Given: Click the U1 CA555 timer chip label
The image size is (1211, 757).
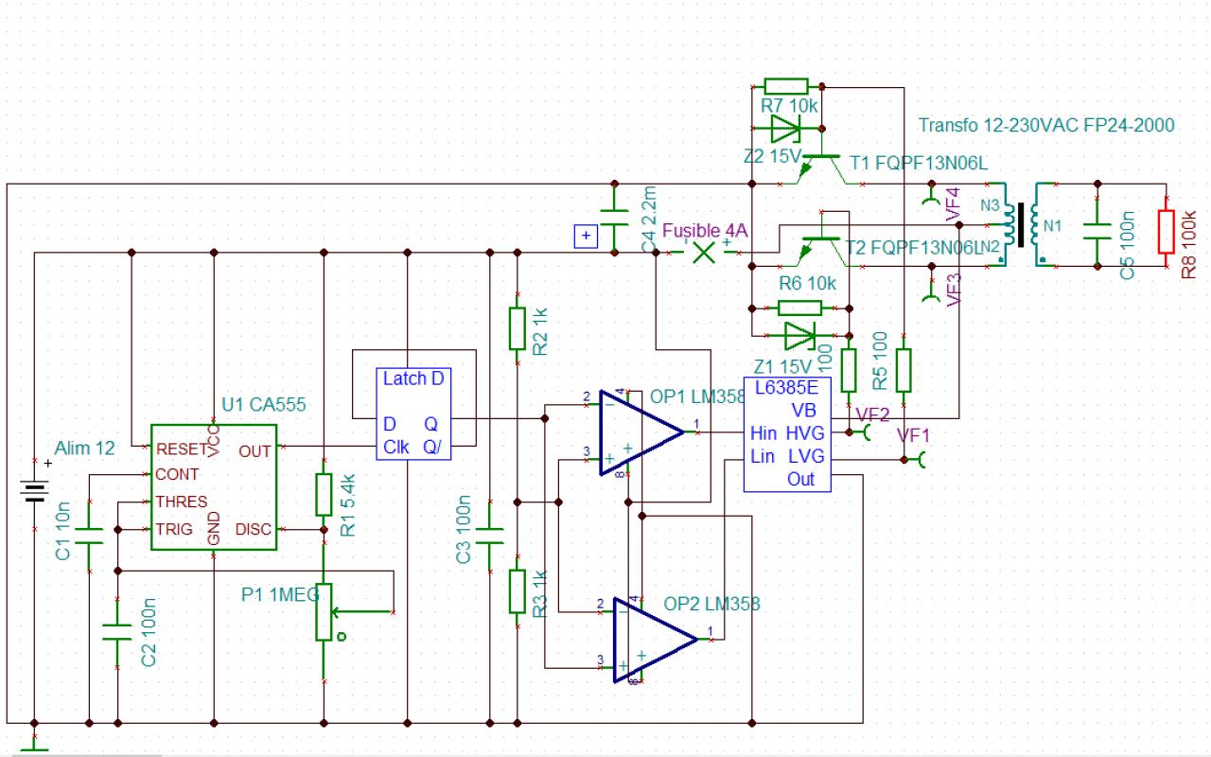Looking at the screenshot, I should pos(264,405).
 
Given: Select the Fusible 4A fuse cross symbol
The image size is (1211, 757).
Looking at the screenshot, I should pos(702,253).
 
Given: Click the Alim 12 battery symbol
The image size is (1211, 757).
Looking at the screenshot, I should pos(35,491).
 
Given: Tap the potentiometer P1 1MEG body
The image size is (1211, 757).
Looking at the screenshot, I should pos(325,611).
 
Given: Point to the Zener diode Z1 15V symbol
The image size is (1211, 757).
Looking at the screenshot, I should pos(799,334).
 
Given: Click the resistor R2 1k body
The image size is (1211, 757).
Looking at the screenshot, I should pos(517,327).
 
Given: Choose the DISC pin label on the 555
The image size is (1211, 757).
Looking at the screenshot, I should pos(253,529).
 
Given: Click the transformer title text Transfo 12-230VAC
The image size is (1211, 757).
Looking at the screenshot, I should pos(1045,125).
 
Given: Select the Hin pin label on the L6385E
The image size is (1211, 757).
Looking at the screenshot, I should pos(763,433).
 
